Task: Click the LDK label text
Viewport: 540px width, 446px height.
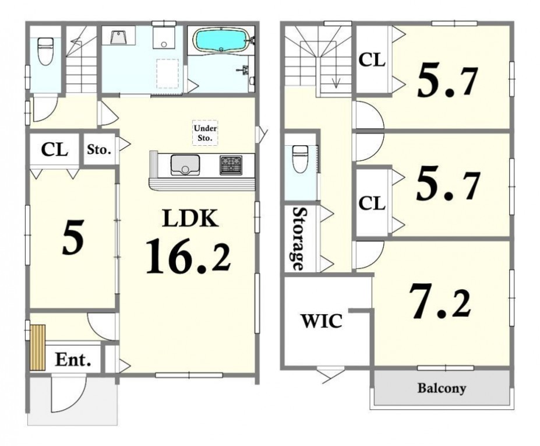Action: (190, 218)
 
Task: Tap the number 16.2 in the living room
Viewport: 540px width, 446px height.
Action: (188, 257)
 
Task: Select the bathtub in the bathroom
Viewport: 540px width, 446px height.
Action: (221, 40)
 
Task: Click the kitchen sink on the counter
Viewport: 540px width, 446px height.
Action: (185, 165)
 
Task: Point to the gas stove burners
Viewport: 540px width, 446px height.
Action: (231, 165)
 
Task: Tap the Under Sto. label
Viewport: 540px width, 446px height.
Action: (205, 133)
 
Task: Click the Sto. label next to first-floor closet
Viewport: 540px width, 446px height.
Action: (99, 150)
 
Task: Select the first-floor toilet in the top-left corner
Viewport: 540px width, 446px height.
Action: (45, 51)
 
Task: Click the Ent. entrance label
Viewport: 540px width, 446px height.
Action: (73, 360)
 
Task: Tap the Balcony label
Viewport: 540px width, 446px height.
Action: (442, 388)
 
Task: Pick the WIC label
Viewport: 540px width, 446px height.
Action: (322, 321)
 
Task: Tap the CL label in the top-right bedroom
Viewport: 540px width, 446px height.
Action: (372, 61)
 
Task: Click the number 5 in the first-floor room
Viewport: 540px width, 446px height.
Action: (73, 237)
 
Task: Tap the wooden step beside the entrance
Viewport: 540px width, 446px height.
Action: (38, 347)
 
